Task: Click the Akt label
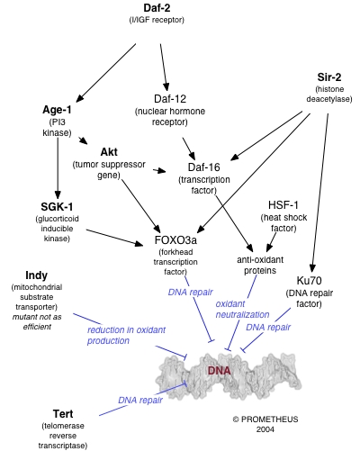pos(108,150)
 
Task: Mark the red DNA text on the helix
pos(220,370)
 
